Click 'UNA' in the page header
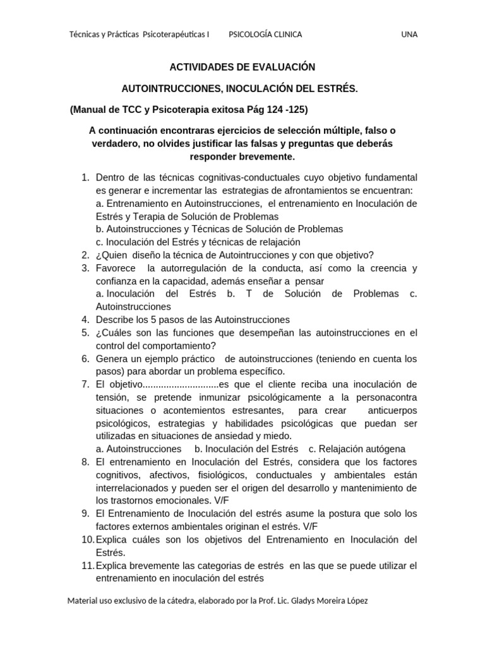[409, 34]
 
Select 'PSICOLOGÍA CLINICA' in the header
[265, 34]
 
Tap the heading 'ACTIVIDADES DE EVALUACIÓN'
[242, 67]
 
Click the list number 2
[85, 255]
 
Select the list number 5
[85, 332]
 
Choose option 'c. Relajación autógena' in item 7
[357, 449]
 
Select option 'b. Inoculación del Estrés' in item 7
[246, 449]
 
